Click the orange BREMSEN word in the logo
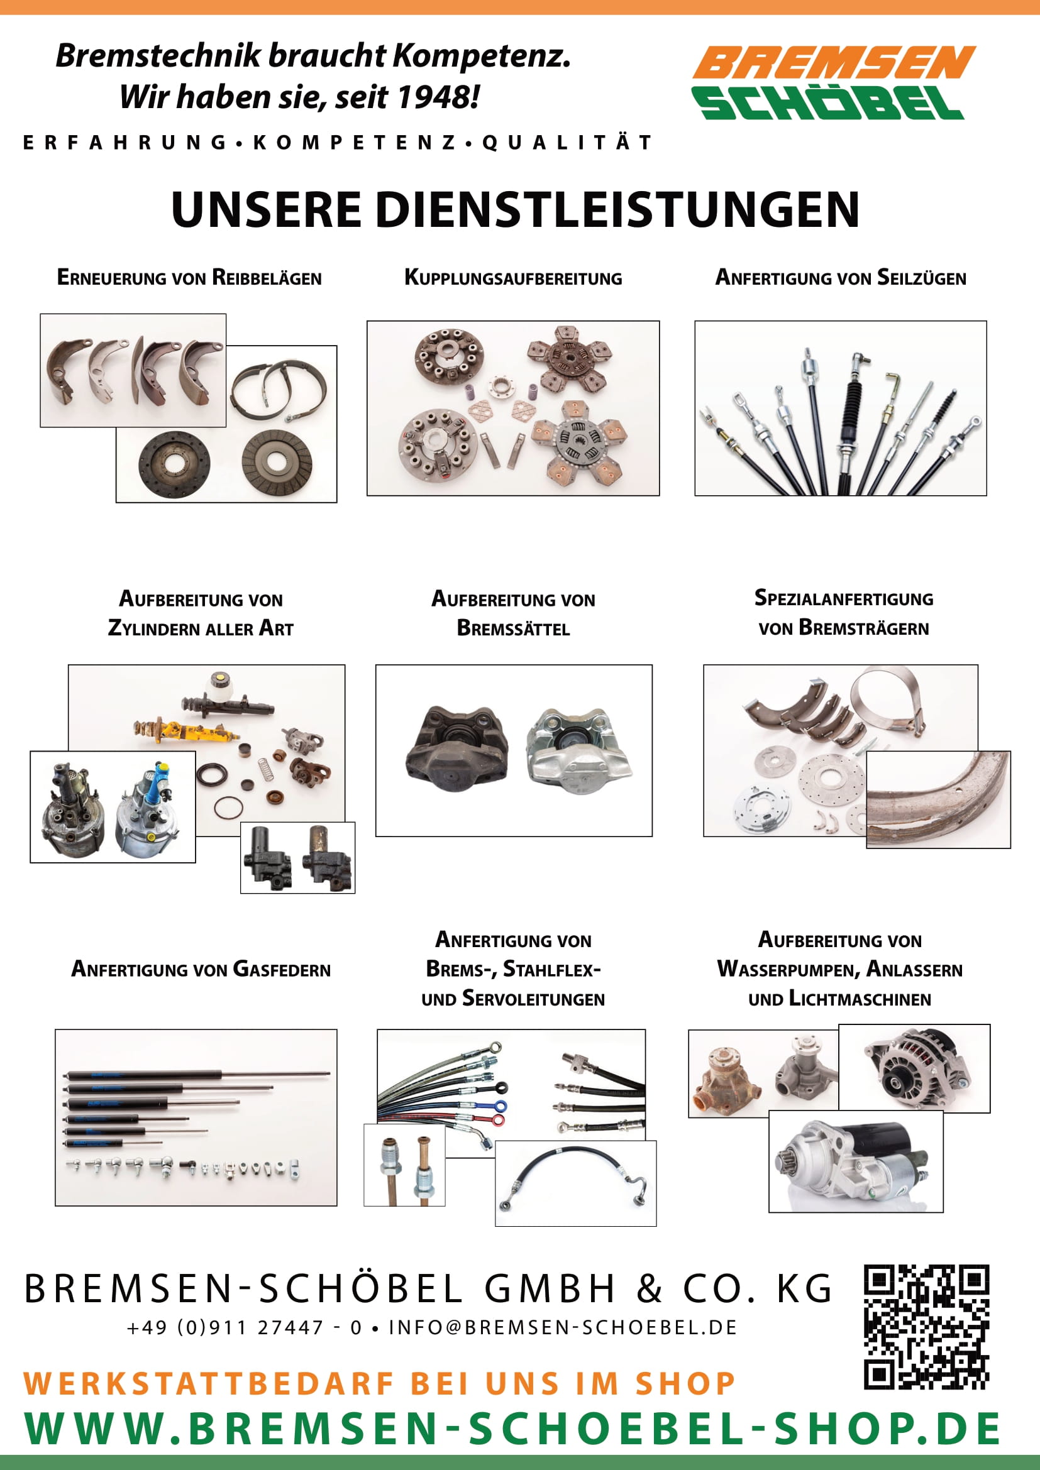[834, 62]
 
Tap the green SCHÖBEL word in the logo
[827, 102]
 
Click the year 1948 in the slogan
[437, 97]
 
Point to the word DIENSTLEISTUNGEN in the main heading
[617, 209]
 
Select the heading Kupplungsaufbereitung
[513, 278]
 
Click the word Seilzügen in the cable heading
[922, 278]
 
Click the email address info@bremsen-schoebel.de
[563, 1327]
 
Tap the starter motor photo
[856, 1162]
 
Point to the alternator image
[914, 1068]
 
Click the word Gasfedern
[282, 969]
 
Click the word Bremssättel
[513, 628]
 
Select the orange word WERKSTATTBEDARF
[209, 1383]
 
